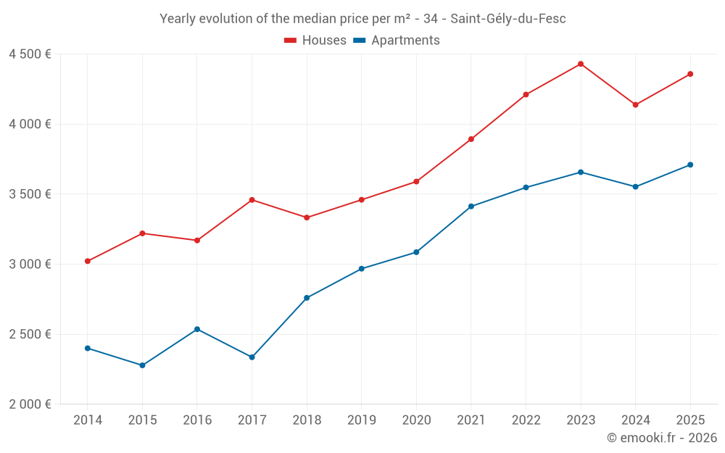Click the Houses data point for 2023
[581, 64]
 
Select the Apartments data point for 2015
[142, 365]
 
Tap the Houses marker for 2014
[88, 261]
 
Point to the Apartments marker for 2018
[307, 298]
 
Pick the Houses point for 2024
[635, 105]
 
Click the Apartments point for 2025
[690, 165]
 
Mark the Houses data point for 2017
[252, 200]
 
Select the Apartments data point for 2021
[471, 207]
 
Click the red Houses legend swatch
[291, 41]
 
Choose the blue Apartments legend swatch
[359, 41]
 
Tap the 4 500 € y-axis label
[30, 54]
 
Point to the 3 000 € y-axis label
[30, 265]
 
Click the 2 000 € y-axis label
[30, 404]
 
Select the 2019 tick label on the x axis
[362, 420]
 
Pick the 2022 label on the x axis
[526, 420]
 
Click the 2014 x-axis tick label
[88, 420]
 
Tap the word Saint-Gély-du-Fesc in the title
[507, 19]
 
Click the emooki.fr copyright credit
[662, 438]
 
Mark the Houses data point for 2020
[416, 181]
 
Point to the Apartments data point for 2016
[197, 329]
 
